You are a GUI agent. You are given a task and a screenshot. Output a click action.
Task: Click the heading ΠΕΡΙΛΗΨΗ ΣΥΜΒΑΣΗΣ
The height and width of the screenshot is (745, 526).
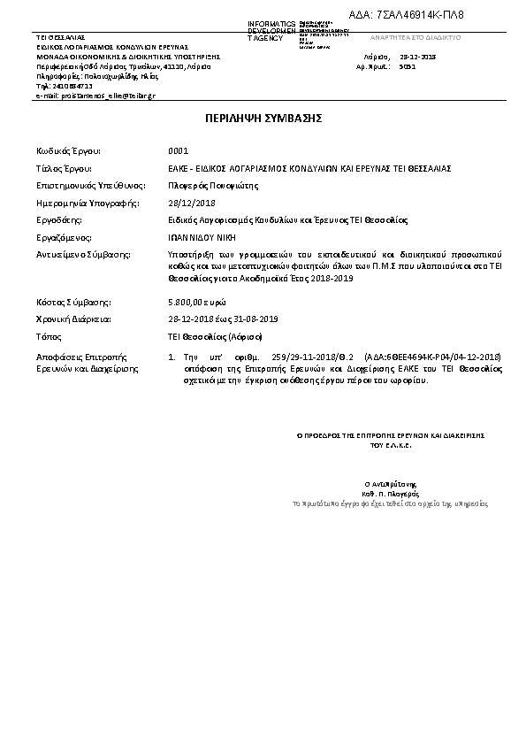pos(263,117)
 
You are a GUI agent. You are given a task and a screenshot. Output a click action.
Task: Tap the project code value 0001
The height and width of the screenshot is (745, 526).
pos(178,150)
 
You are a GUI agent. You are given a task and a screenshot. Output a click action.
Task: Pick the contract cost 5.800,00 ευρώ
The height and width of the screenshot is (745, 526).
pos(194,302)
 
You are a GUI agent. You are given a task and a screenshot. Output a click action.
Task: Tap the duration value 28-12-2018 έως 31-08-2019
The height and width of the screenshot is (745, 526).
pos(210,319)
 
